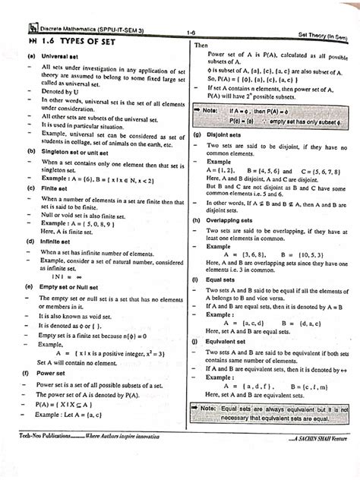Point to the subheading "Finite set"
click(54, 187)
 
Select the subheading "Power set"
click(54, 374)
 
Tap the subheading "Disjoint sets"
click(225, 136)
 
